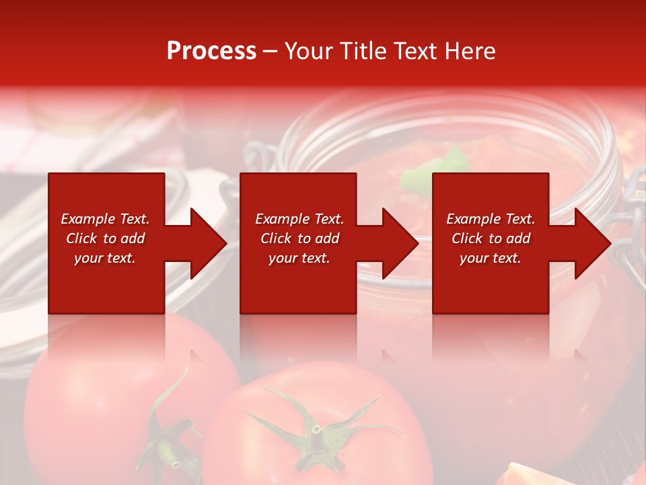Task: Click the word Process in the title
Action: pos(211,51)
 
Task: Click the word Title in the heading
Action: pos(361,51)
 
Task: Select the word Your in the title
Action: pos(307,51)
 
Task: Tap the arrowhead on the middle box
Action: pos(400,243)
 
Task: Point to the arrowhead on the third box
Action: pos(591,243)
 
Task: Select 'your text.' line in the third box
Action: pos(490,258)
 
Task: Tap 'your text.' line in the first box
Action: pos(105,258)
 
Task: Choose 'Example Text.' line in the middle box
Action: pos(299,219)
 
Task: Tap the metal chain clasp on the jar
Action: pos(630,222)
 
